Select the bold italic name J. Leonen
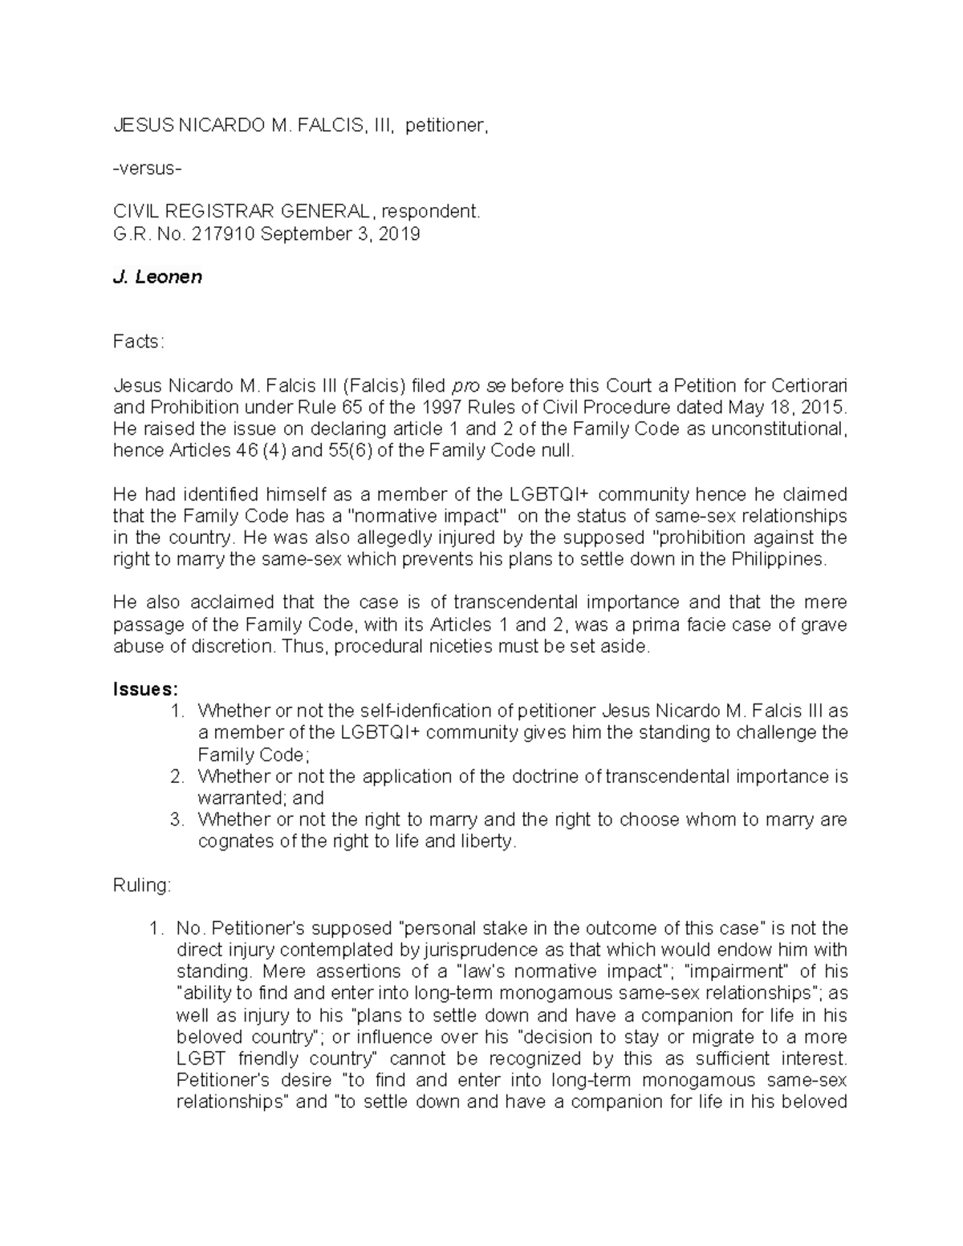point(156,278)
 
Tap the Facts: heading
point(138,342)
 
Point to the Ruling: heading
point(142,886)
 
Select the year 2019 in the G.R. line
point(401,234)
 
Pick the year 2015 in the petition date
point(826,407)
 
